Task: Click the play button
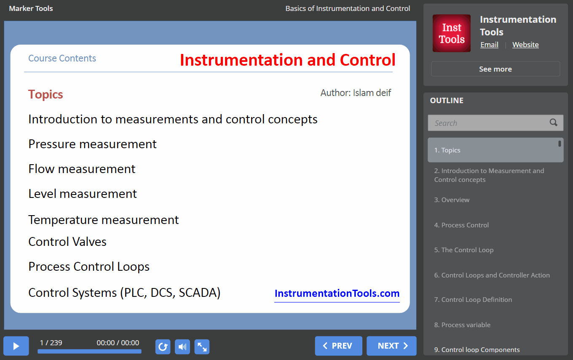(x=16, y=346)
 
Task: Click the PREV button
(x=338, y=346)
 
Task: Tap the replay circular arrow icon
(x=163, y=347)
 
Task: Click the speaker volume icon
(x=182, y=347)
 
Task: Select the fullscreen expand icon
(x=202, y=347)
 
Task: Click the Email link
(x=489, y=45)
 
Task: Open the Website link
(x=525, y=45)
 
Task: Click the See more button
(x=495, y=69)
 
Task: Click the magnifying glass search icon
(x=553, y=123)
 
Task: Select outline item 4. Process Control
(x=461, y=225)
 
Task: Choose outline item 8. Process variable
(x=462, y=325)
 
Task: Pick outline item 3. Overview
(x=452, y=200)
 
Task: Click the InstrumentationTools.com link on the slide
(x=337, y=293)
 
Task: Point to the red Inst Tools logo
(x=452, y=33)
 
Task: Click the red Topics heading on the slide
(x=46, y=95)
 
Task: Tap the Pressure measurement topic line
(x=92, y=144)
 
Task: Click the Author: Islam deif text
(x=356, y=93)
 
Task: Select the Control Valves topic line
(x=67, y=242)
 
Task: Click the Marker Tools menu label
(x=31, y=8)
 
